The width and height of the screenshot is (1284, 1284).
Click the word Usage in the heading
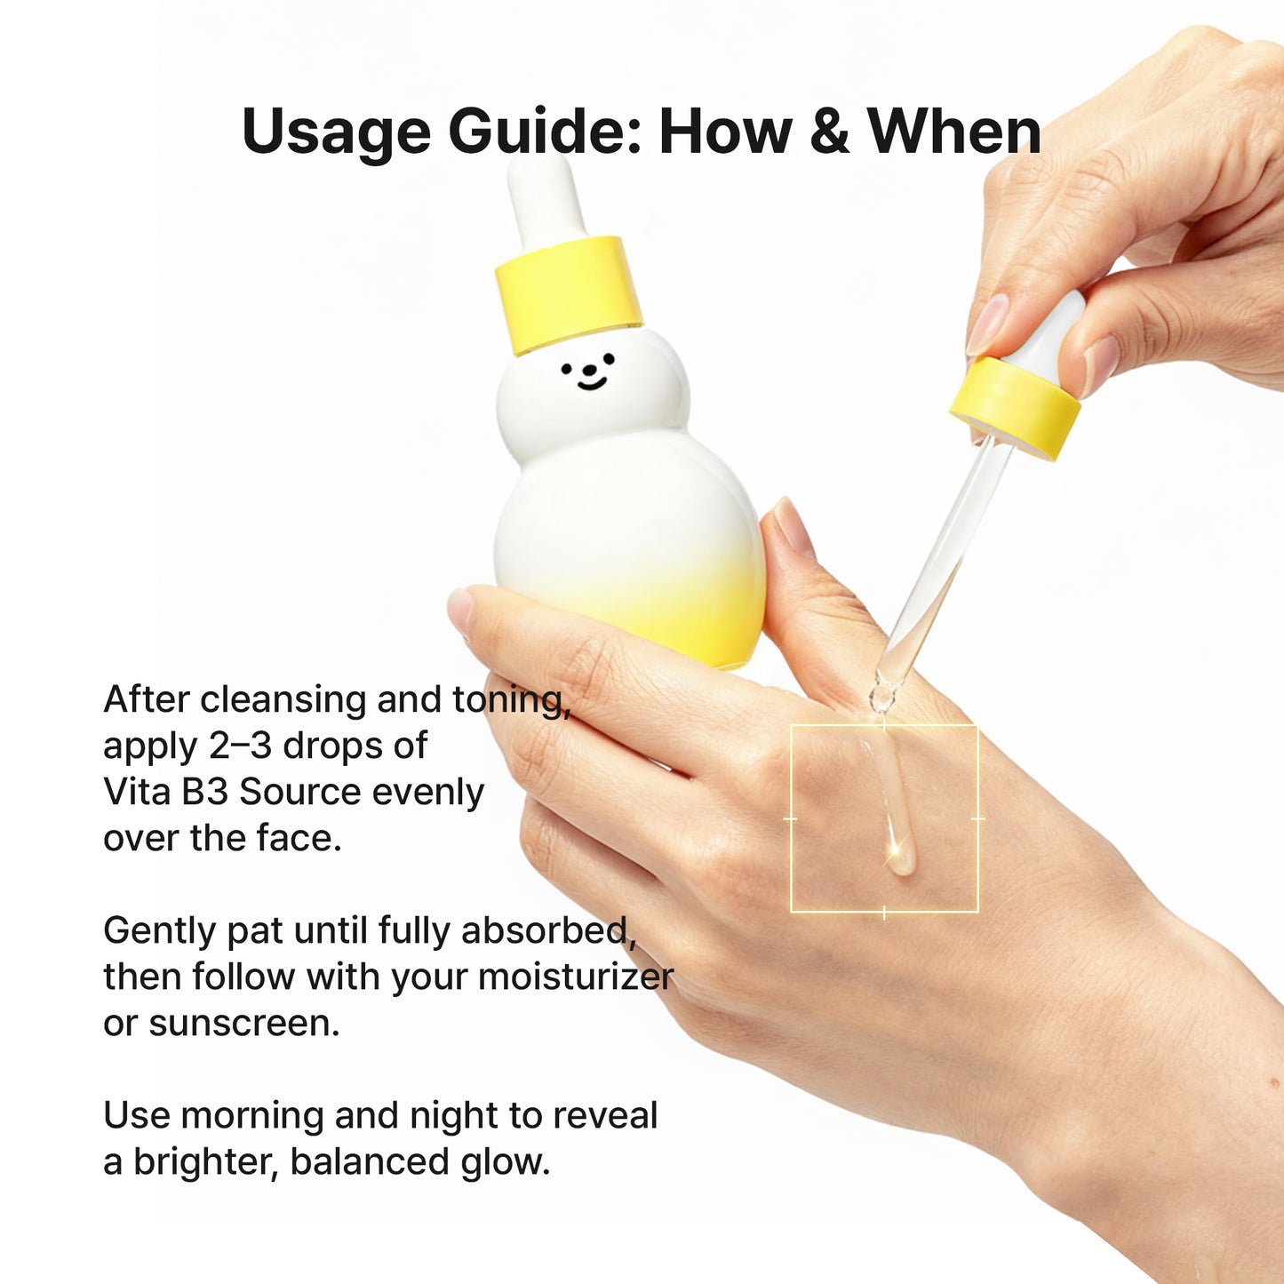pos(335,132)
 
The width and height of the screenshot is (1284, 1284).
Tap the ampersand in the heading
pos(829,131)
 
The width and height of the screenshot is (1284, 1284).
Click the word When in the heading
pos(953,131)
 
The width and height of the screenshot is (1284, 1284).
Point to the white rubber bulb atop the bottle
pos(543,195)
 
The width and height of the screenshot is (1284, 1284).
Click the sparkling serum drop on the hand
pos(897,855)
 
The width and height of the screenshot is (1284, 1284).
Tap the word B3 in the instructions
pos(204,792)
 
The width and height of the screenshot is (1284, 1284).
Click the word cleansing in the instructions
pos(283,700)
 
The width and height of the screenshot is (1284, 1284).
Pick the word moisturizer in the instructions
pos(576,977)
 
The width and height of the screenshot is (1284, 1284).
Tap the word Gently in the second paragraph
pos(159,931)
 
